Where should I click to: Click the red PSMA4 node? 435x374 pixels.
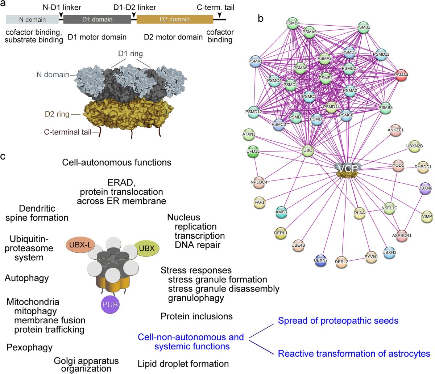point(401,75)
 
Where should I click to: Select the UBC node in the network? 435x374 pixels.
point(307,150)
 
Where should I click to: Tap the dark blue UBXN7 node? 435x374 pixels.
point(320,260)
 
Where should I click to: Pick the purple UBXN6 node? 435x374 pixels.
point(425,188)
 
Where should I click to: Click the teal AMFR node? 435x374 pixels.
point(281,212)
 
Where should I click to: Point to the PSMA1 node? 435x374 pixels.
point(255,61)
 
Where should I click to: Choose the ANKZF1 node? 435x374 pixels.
point(395,130)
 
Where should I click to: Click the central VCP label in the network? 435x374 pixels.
point(348,168)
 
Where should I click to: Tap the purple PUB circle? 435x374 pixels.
point(110,305)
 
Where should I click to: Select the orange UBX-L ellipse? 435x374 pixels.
point(80,245)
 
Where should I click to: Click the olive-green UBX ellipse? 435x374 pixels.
point(147,248)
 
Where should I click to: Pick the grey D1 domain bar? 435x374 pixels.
point(97,19)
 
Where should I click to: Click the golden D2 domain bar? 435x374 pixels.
point(175,19)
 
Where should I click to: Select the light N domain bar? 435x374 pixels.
point(32,19)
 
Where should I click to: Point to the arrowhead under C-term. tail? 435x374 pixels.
point(220,15)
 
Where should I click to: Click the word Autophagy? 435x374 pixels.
point(27,278)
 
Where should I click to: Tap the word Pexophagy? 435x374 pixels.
point(29,348)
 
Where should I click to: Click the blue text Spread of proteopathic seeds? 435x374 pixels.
point(338,321)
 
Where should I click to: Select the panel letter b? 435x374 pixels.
point(261,18)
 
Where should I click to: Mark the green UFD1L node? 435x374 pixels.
point(253,152)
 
